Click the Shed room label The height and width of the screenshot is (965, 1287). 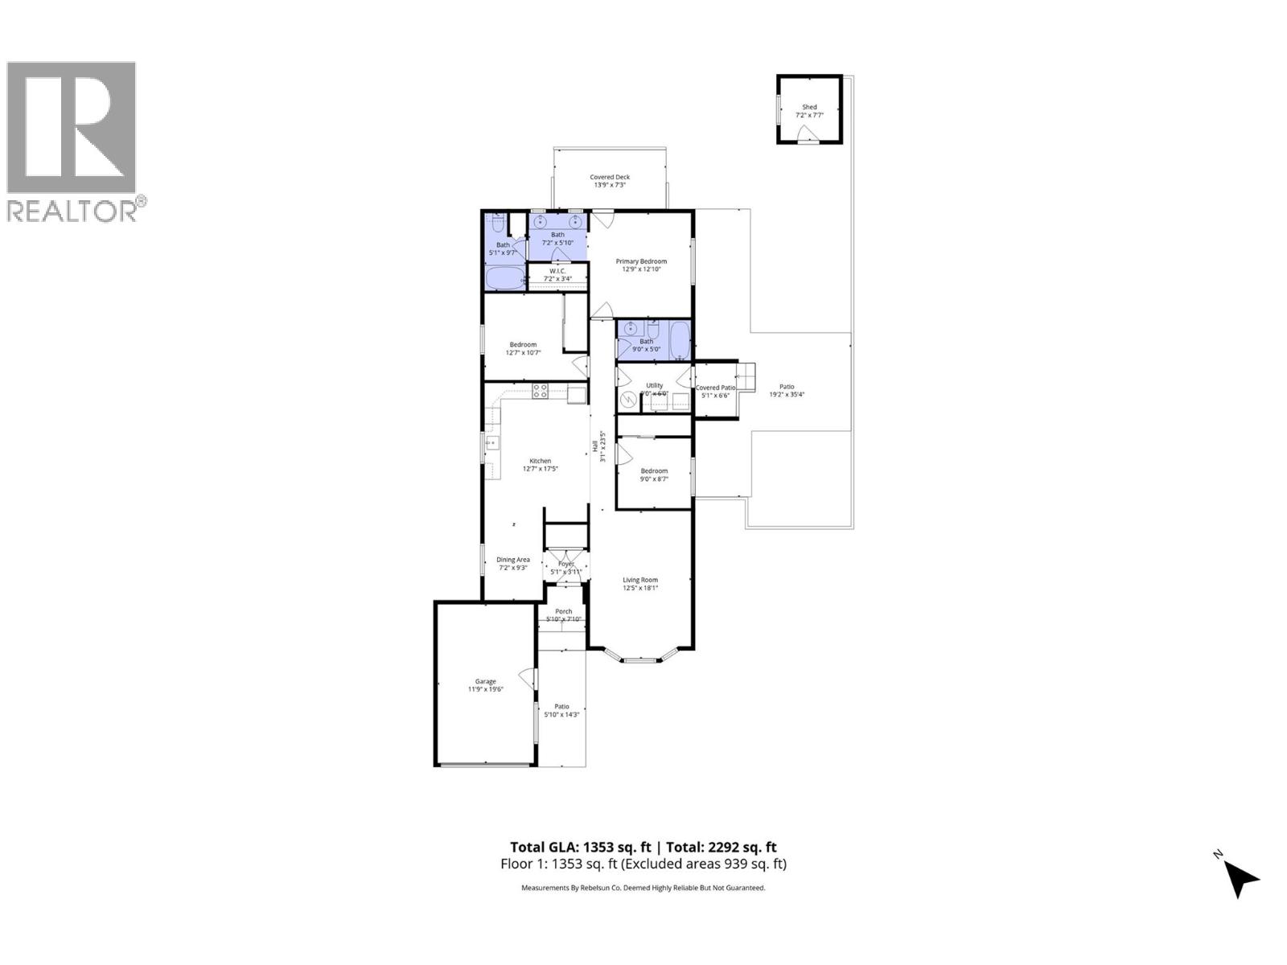pyautogui.click(x=809, y=107)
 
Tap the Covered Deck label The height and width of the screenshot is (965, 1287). pyautogui.click(x=610, y=177)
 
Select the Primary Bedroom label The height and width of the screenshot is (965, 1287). pyautogui.click(x=641, y=261)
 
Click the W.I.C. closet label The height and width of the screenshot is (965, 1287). pyautogui.click(x=557, y=271)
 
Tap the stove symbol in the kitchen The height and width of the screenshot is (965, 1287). pyautogui.click(x=541, y=392)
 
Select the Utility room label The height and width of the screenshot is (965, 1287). pyautogui.click(x=654, y=385)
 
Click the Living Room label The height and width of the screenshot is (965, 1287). pyautogui.click(x=640, y=579)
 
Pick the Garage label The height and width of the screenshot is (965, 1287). pyautogui.click(x=485, y=681)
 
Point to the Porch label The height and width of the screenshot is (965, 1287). pyautogui.click(x=563, y=611)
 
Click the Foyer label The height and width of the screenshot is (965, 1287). pyautogui.click(x=566, y=564)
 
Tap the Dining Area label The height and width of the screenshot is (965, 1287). pyautogui.click(x=512, y=560)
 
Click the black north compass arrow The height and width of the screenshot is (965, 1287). pyautogui.click(x=1241, y=879)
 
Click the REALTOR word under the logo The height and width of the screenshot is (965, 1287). pyautogui.click(x=72, y=211)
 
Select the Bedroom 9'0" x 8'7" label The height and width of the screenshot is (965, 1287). pyautogui.click(x=654, y=471)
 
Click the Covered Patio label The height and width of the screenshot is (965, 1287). pyautogui.click(x=714, y=388)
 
